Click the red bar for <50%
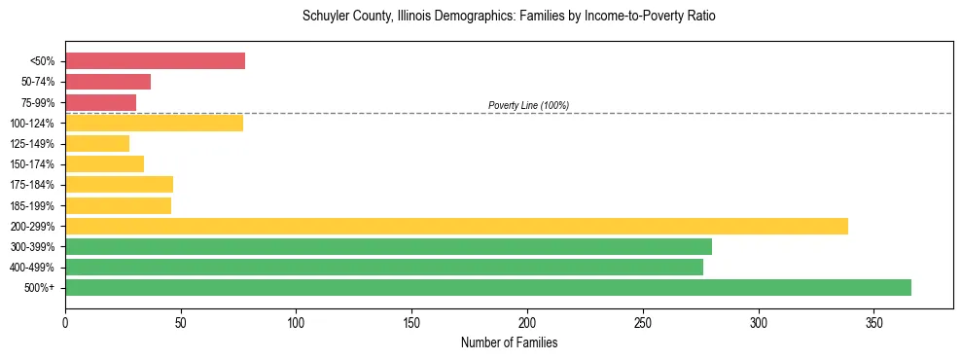coord(155,61)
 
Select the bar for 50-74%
coord(108,82)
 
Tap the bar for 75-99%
coord(100,102)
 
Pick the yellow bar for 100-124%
coord(154,123)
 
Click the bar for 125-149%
coord(97,143)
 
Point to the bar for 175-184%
coord(119,185)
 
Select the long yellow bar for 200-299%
coord(456,226)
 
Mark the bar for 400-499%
coord(384,267)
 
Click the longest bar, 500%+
coord(488,287)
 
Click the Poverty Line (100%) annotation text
coord(528,105)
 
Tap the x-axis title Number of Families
coord(509,343)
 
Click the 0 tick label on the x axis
coord(65,322)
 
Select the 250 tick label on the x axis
coord(643,322)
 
